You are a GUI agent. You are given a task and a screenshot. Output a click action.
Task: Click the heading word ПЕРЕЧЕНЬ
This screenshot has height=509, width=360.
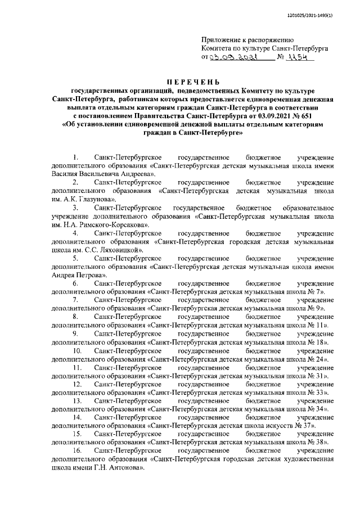coord(179,83)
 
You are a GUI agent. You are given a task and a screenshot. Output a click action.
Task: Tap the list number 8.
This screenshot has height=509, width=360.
coord(76,317)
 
